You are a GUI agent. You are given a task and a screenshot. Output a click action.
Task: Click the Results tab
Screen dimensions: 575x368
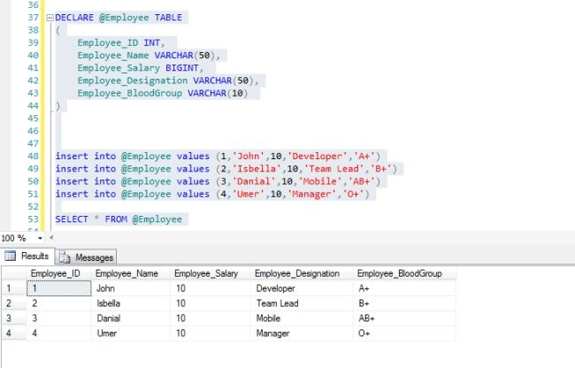click(27, 256)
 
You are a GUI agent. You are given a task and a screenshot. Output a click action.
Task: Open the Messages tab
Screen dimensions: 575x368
click(87, 257)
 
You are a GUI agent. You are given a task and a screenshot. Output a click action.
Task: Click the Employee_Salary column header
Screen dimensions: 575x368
click(206, 273)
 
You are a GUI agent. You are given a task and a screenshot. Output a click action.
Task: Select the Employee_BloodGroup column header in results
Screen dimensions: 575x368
click(399, 273)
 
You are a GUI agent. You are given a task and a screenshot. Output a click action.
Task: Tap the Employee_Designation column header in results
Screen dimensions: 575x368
click(297, 273)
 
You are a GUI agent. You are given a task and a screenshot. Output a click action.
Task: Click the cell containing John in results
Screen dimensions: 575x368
click(105, 288)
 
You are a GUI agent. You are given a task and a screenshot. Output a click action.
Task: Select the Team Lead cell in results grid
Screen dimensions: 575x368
click(277, 303)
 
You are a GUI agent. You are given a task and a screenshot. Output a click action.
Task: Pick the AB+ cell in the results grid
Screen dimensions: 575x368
click(366, 318)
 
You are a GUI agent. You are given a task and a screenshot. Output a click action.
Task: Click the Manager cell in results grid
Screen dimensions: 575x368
click(272, 333)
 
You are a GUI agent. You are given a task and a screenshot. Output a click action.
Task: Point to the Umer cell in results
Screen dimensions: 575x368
click(107, 333)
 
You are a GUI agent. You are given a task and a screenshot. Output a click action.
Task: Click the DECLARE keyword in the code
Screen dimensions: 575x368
click(74, 18)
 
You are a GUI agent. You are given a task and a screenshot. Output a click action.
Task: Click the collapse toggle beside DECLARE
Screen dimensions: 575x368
click(50, 18)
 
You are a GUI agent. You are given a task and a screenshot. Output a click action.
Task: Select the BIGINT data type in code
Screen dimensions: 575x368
click(182, 68)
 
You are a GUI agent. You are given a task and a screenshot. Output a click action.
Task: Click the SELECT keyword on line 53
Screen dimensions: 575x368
click(72, 219)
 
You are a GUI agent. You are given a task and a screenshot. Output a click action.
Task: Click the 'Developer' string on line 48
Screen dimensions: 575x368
click(316, 157)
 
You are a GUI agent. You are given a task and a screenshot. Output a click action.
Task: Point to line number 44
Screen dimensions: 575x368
click(33, 106)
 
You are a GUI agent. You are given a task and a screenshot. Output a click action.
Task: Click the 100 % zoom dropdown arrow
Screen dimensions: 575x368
click(40, 238)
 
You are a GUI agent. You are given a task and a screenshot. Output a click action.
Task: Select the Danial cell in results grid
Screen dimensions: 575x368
click(109, 318)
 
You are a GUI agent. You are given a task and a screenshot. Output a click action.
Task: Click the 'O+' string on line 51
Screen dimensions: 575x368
click(353, 194)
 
